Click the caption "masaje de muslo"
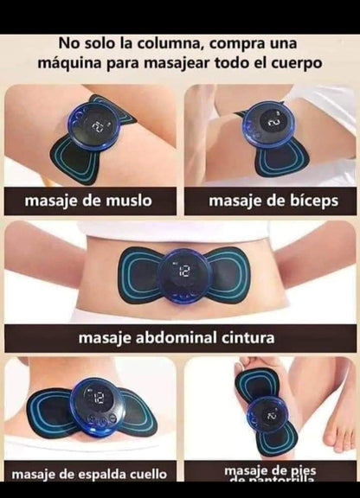point(88,201)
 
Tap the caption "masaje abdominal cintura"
point(177,337)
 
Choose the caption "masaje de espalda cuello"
point(89,473)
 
